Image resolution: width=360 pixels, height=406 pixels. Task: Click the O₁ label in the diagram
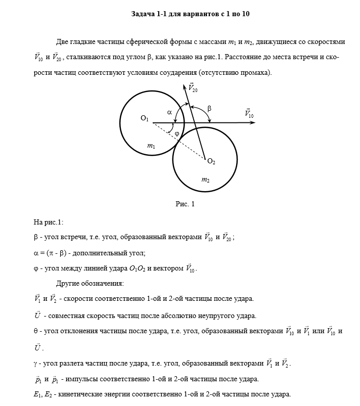click(x=145, y=119)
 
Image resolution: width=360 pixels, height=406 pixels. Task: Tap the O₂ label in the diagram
click(x=211, y=162)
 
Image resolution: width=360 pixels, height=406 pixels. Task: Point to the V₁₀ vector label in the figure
click(x=249, y=113)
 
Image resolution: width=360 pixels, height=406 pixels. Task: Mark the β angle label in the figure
click(x=209, y=108)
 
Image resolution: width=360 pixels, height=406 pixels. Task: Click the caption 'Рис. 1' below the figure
click(x=185, y=204)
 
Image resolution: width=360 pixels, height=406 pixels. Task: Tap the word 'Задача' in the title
click(x=144, y=14)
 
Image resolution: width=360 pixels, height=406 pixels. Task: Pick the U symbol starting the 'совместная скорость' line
click(x=37, y=315)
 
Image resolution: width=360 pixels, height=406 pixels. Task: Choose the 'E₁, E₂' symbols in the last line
click(x=43, y=395)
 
